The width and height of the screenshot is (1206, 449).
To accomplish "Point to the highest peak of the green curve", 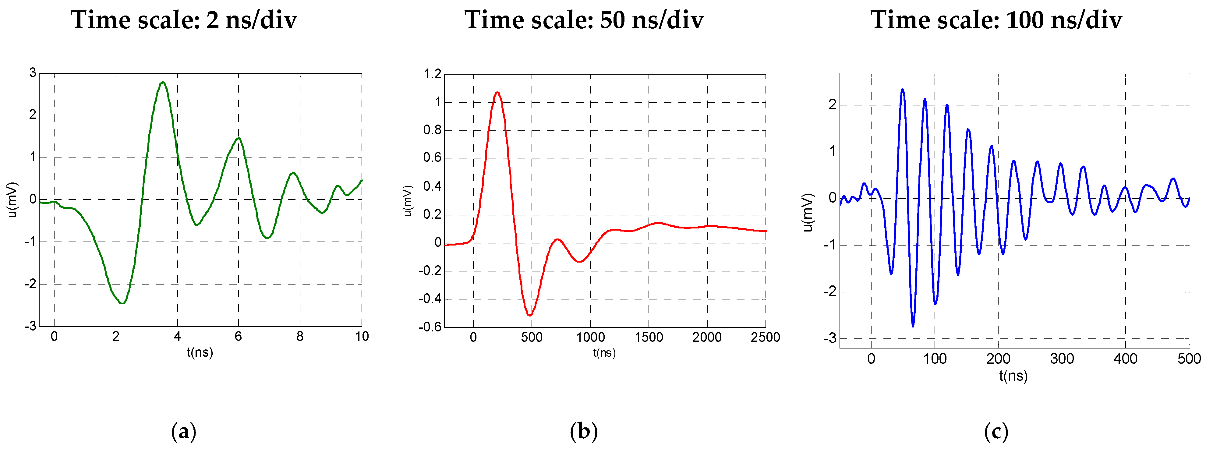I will tap(162, 83).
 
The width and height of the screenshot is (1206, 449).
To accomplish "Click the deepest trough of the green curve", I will tap(122, 303).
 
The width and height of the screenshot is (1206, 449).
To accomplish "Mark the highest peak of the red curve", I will tap(497, 92).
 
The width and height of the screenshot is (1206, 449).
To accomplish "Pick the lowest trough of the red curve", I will tap(529, 315).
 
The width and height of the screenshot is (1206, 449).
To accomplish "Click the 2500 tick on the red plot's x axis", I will tap(765, 337).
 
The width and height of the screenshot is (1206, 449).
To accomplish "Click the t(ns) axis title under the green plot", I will tap(200, 352).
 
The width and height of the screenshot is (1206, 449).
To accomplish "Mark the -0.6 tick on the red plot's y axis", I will tap(430, 327).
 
